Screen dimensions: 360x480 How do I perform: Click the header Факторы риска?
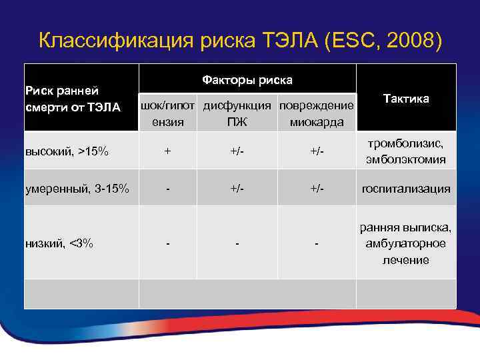pyautogui.click(x=247, y=80)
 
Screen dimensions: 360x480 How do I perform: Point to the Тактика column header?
pyautogui.click(x=406, y=98)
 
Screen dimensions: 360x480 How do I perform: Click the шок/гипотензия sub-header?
pyautogui.click(x=167, y=113)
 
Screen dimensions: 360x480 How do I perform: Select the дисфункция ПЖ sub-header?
pyautogui.click(x=237, y=113)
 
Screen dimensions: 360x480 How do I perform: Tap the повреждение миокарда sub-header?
pyautogui.click(x=317, y=113)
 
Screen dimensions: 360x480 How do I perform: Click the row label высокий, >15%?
pyautogui.click(x=67, y=151)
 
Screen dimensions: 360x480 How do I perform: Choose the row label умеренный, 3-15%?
pyautogui.click(x=77, y=189)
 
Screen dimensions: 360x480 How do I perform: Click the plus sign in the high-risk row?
pyautogui.click(x=167, y=151)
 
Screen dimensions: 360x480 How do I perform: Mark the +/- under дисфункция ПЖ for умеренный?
pyautogui.click(x=237, y=189)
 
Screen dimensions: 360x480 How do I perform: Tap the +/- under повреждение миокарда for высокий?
pyautogui.click(x=317, y=151)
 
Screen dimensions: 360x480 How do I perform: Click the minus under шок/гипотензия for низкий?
pyautogui.click(x=167, y=243)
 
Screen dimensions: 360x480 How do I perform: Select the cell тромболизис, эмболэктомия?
pyautogui.click(x=406, y=151)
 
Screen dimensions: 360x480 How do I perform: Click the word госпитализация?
pyautogui.click(x=406, y=189)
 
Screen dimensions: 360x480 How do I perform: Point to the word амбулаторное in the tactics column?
pyautogui.click(x=406, y=243)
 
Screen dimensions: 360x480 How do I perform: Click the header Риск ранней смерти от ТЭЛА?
pyautogui.click(x=72, y=98)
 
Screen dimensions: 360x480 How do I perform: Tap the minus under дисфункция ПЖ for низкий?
pyautogui.click(x=237, y=243)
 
